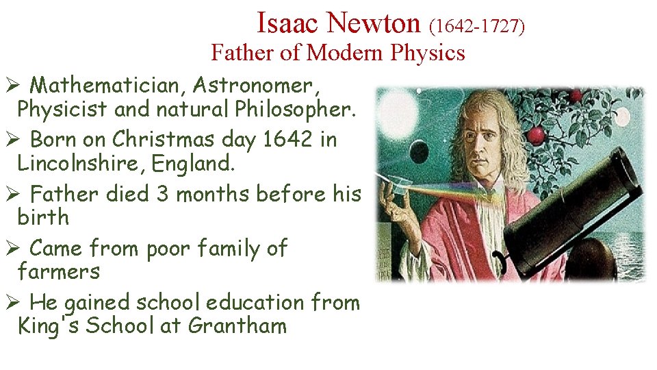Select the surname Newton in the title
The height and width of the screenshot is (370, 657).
(x=373, y=23)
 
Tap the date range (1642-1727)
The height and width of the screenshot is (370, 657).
(x=477, y=26)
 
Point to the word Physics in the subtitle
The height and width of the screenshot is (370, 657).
(x=428, y=52)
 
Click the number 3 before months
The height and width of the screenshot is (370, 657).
(x=163, y=194)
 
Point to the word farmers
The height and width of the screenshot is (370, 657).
(x=59, y=271)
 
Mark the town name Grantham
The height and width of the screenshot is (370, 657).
(x=237, y=325)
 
